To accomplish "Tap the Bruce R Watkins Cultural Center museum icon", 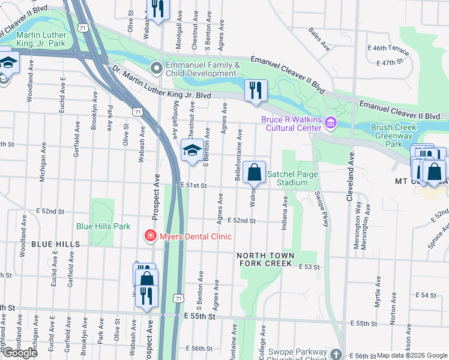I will click(x=330, y=124).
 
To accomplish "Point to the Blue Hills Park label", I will click(x=103, y=227).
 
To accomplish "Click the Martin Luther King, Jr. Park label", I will click(x=33, y=39).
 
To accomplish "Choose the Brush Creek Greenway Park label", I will click(x=394, y=136).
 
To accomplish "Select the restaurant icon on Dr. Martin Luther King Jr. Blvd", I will click(x=256, y=91).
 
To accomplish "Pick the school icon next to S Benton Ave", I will click(x=192, y=149).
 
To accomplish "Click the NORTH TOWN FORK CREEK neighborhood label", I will click(x=267, y=259).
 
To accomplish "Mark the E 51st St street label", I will click(x=193, y=186).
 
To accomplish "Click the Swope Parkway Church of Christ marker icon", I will click(x=337, y=355).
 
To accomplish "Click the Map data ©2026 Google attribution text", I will click(x=412, y=355).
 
